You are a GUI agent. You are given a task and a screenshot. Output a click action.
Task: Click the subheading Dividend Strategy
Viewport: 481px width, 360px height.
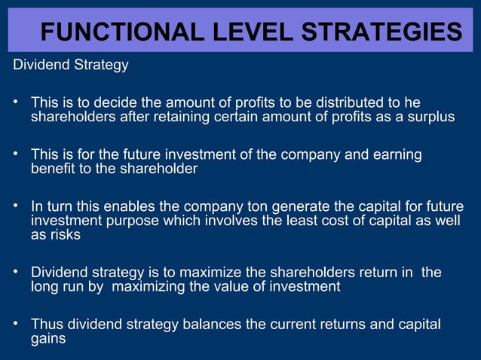71,65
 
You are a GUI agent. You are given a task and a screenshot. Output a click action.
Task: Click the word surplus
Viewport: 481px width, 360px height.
431,117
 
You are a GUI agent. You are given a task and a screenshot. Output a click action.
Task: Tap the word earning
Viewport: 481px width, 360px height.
395,155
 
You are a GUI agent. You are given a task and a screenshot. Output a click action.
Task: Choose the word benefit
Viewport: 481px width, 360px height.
54,169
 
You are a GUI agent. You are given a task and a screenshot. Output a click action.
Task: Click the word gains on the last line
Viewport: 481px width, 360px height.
48,339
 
